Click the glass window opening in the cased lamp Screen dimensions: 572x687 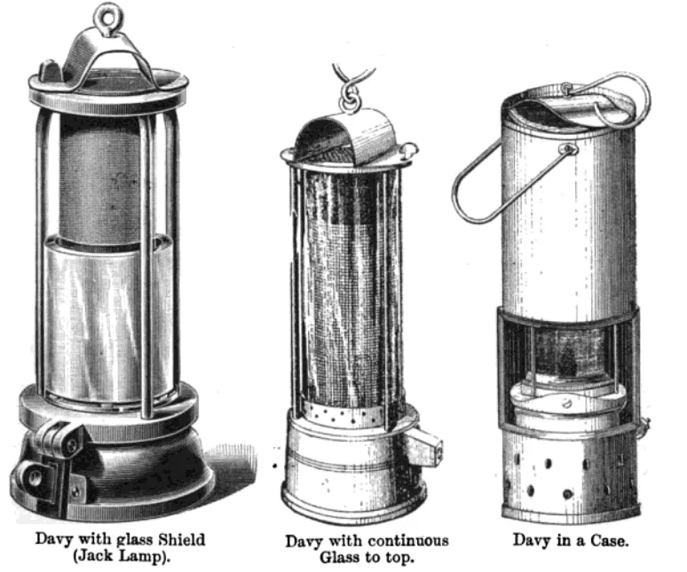[x=568, y=355]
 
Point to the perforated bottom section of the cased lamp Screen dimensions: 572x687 [x=568, y=474]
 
